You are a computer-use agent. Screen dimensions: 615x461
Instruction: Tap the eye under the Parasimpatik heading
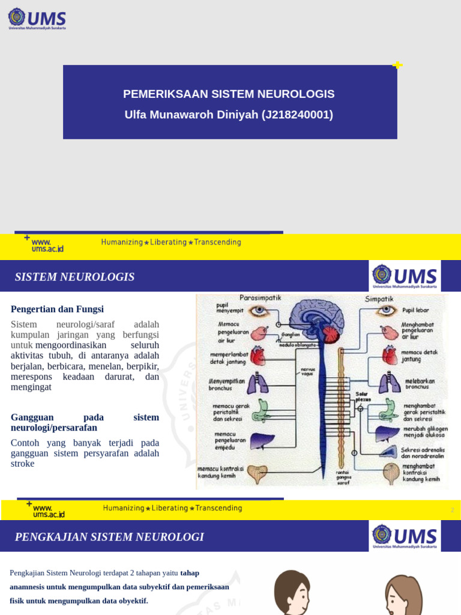(x=260, y=311)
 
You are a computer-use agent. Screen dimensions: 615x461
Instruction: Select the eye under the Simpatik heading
(x=387, y=311)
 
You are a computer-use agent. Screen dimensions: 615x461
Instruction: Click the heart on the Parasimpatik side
(x=258, y=356)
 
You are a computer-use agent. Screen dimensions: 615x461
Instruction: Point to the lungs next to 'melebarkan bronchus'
(x=390, y=383)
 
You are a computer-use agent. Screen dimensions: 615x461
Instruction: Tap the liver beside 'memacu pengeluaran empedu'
(x=262, y=441)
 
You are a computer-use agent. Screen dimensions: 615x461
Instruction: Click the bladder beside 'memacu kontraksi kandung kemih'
(x=258, y=473)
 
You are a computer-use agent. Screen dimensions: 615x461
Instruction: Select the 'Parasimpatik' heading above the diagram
(x=260, y=298)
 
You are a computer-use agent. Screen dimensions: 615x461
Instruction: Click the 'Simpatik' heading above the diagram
(x=379, y=298)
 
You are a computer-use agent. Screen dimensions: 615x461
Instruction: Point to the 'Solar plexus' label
(x=363, y=396)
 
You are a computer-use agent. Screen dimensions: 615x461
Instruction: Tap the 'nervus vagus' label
(x=308, y=371)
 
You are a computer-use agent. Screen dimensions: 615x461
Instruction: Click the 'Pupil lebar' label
(x=416, y=311)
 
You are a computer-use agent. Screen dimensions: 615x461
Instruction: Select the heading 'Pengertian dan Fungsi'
(x=57, y=309)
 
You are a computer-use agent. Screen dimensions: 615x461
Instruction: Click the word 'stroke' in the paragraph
(x=23, y=464)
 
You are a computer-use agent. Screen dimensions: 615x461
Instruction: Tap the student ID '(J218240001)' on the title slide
(x=297, y=115)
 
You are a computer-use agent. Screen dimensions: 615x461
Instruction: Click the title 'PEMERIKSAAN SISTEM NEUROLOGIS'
(x=229, y=94)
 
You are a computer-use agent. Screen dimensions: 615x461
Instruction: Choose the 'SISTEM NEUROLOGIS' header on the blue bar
(x=74, y=277)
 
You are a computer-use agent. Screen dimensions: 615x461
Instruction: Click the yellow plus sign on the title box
(x=397, y=65)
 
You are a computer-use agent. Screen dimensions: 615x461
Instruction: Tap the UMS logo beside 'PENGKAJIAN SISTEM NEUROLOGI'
(x=405, y=536)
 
